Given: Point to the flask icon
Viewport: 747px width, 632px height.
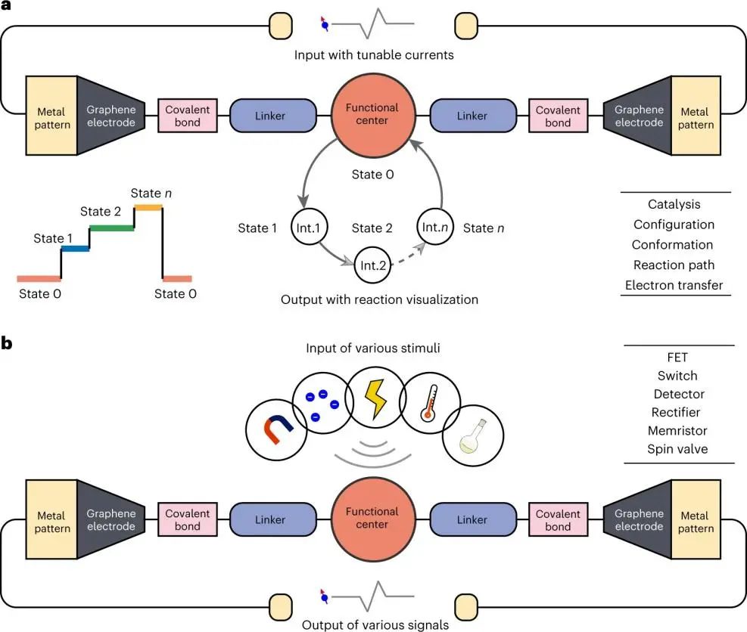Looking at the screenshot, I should (470, 436).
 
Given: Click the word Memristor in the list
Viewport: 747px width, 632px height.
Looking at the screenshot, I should (677, 430).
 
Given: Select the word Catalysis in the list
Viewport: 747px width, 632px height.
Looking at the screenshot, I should (674, 204).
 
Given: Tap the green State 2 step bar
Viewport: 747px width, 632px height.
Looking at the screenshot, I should (112, 227).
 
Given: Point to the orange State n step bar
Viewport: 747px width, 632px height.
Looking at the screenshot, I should (147, 206).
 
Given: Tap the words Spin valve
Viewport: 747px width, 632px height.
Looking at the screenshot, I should (677, 448).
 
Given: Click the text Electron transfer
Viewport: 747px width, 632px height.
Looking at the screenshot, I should (674, 285).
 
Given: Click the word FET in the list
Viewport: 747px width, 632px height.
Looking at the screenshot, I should (677, 358).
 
